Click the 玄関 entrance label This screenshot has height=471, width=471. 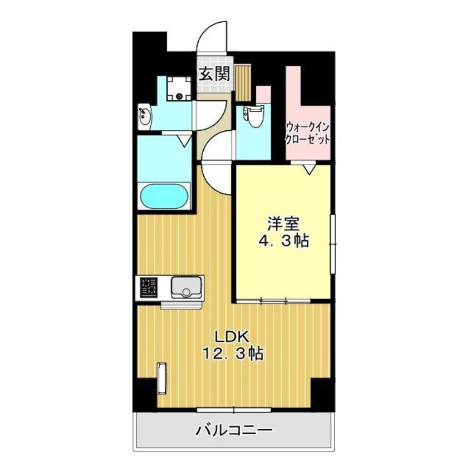214,73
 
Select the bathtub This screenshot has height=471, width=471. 164,196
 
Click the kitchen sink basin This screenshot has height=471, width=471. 187,288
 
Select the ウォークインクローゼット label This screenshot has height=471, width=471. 308,132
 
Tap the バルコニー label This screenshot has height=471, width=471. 233,430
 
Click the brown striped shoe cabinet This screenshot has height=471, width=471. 243,82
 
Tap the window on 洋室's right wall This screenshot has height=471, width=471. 332,243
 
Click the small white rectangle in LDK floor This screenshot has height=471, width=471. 163,379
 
